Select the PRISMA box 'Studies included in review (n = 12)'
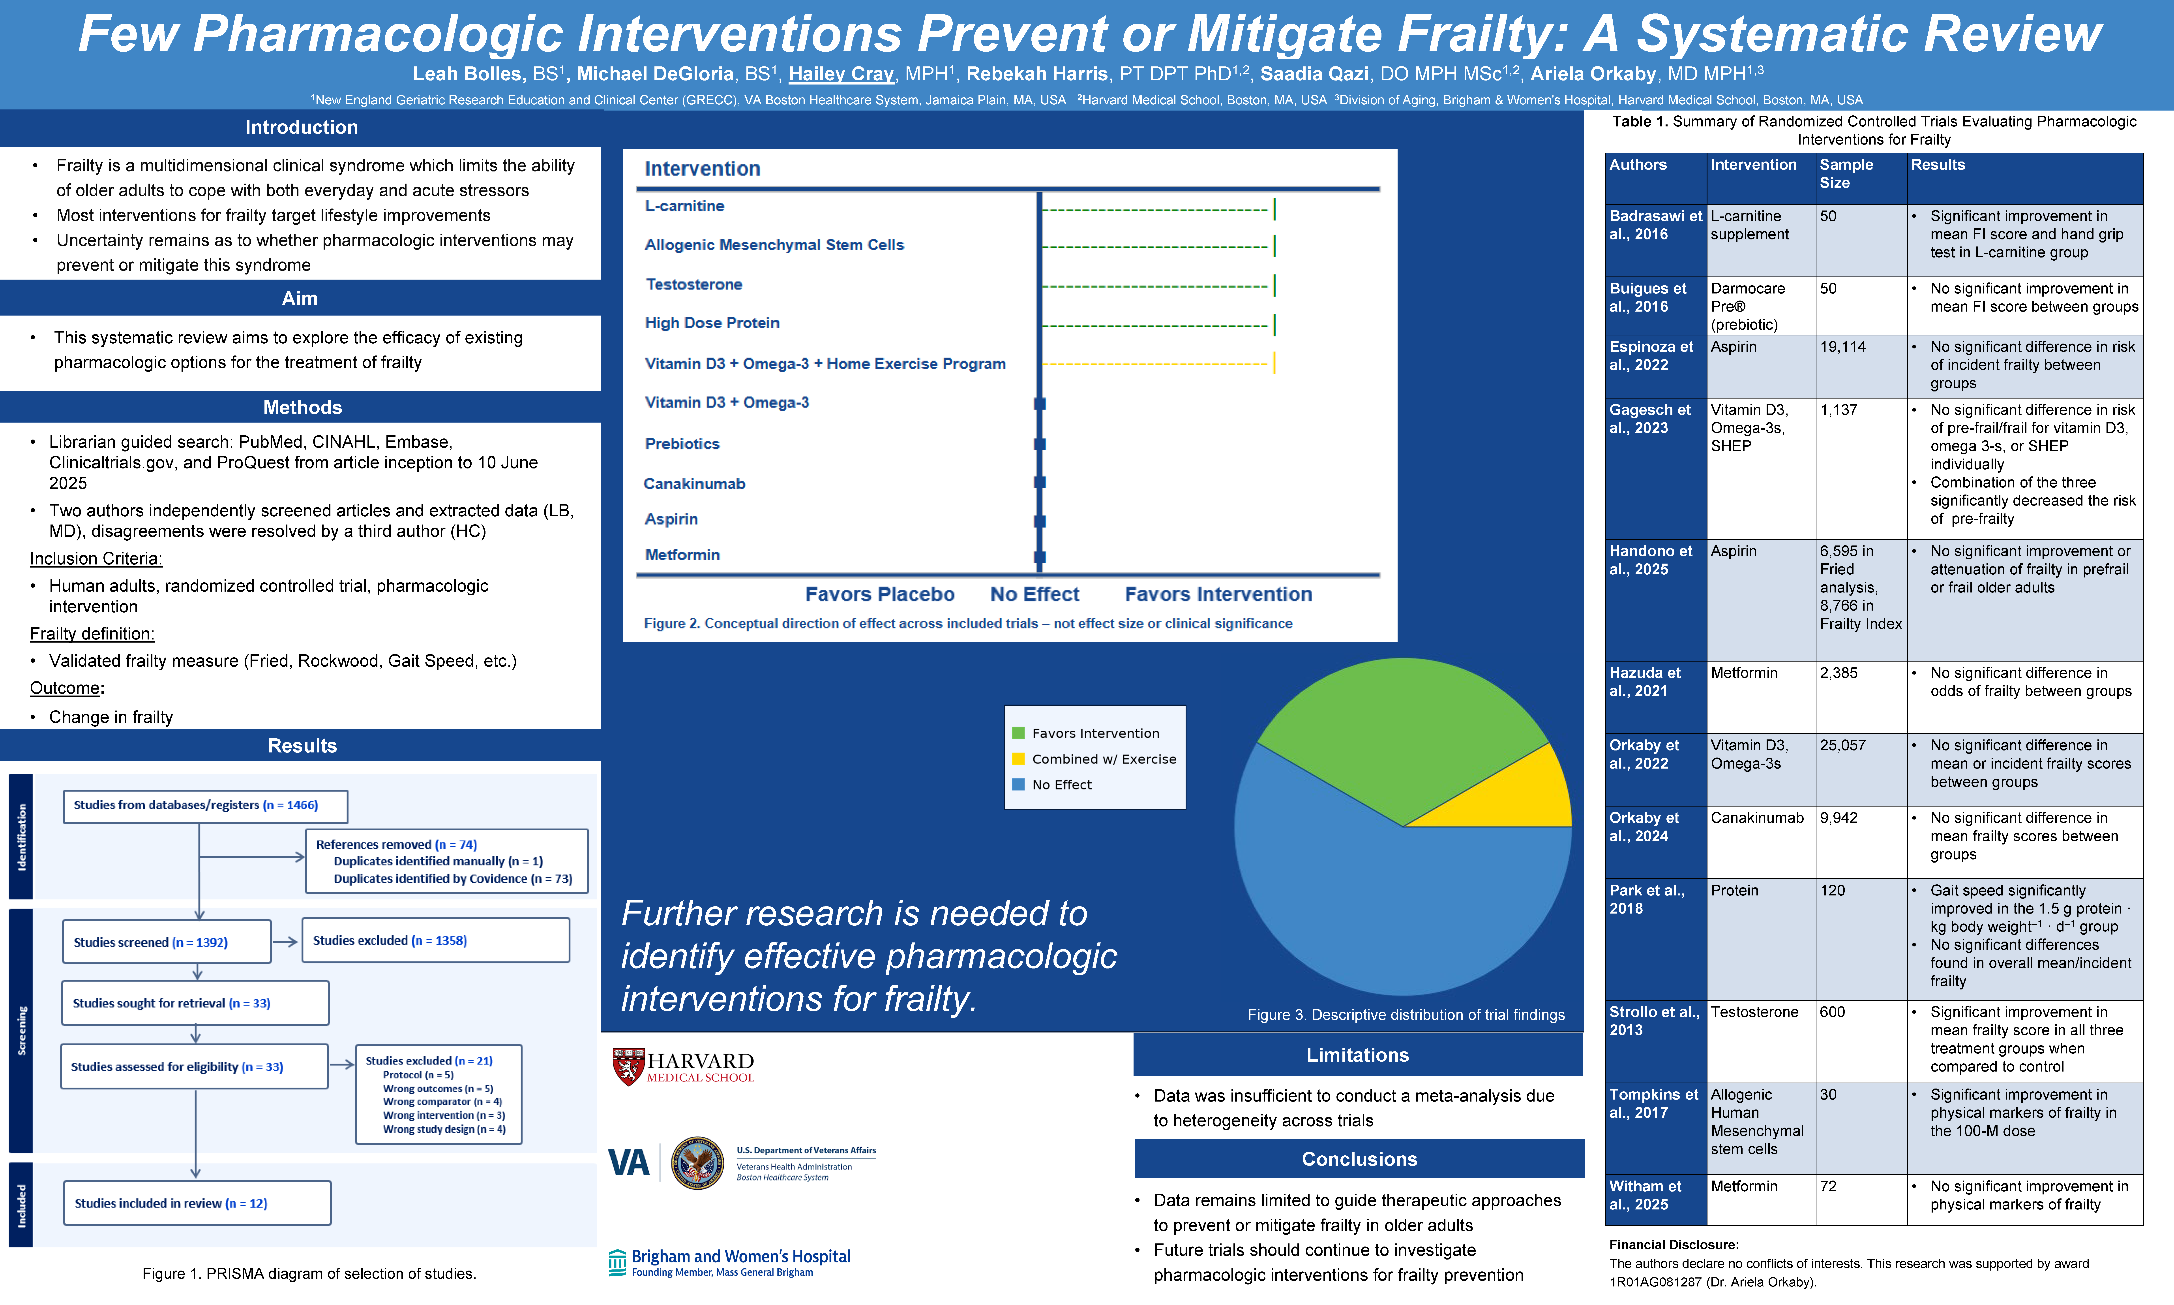(x=197, y=1203)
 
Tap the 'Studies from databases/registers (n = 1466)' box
(x=205, y=805)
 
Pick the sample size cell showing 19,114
(x=1842, y=346)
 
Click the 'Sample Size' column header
(x=1846, y=173)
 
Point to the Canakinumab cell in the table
(x=1756, y=818)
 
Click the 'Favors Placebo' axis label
(x=880, y=594)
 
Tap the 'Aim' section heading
(x=300, y=298)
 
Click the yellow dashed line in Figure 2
(x=1156, y=363)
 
